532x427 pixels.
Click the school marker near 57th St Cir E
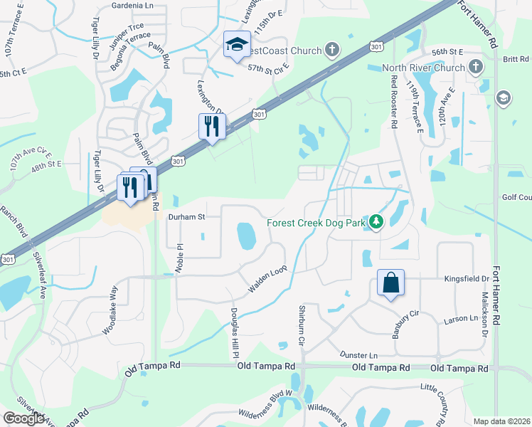click(x=236, y=45)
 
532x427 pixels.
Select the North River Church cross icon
click(x=476, y=68)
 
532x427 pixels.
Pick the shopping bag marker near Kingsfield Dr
click(x=390, y=283)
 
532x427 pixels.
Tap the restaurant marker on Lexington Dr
click(x=212, y=126)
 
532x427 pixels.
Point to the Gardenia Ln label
click(x=133, y=5)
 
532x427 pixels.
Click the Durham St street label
click(x=186, y=216)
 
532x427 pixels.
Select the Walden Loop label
click(x=267, y=279)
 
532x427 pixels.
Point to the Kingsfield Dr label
click(x=467, y=280)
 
